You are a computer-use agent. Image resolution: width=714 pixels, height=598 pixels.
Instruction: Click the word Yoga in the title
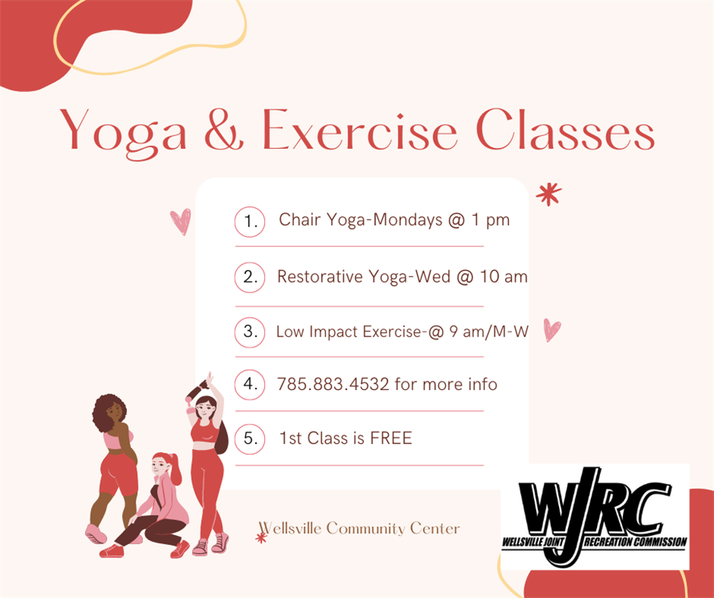tap(123, 133)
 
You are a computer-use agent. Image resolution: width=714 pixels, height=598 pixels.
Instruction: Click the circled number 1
tap(249, 221)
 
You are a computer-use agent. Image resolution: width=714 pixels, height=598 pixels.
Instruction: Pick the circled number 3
tap(249, 332)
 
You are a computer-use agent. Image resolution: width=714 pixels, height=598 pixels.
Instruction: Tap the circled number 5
tap(249, 439)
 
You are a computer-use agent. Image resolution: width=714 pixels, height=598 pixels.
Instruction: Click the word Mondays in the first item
tap(408, 220)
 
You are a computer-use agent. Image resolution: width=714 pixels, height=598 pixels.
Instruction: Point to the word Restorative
tap(320, 276)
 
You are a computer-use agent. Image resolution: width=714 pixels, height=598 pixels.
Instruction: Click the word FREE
tap(391, 438)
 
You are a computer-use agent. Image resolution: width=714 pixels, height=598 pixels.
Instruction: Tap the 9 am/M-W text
tap(489, 332)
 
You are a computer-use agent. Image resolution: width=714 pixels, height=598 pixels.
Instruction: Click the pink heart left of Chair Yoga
tap(181, 221)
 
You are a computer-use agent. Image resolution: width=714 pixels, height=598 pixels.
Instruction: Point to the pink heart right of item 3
tap(552, 329)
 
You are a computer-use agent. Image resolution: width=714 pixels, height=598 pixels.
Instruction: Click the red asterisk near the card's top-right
tap(549, 194)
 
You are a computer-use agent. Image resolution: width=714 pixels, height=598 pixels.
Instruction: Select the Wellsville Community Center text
tap(359, 529)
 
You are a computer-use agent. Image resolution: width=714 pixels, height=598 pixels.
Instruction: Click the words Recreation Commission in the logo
tap(636, 542)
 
